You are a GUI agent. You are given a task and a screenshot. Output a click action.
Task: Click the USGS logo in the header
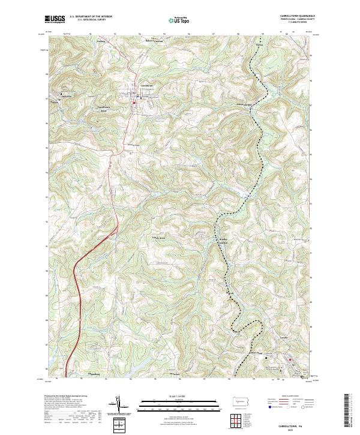pyautogui.click(x=55, y=19)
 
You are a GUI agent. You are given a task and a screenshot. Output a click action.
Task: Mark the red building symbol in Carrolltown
pyautogui.click(x=134, y=102)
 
